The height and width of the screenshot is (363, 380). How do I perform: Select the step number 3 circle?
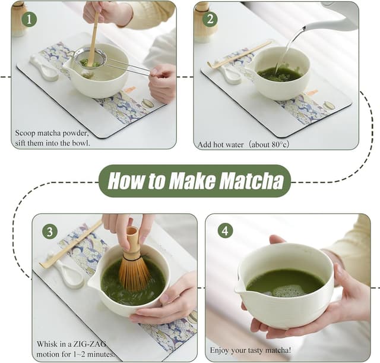point(49,230)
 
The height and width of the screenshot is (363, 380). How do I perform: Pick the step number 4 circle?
point(225,230)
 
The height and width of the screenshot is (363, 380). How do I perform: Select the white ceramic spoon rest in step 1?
point(46,68)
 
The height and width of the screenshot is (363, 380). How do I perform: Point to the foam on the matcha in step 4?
point(287,290)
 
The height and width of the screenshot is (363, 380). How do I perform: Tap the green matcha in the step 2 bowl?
point(280,74)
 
